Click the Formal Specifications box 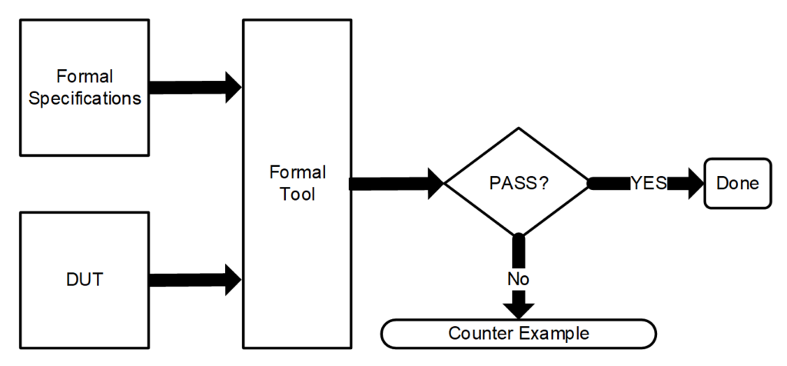point(85,87)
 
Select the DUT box point(85,280)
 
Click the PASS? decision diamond point(519,184)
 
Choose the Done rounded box point(737,184)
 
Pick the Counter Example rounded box point(519,334)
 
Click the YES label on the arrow point(649,184)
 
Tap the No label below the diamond point(519,278)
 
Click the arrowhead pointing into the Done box point(695,184)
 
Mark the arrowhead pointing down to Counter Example point(520,308)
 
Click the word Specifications point(85,98)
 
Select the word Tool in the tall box point(297,194)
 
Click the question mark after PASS point(543,184)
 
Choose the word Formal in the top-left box point(85,76)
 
